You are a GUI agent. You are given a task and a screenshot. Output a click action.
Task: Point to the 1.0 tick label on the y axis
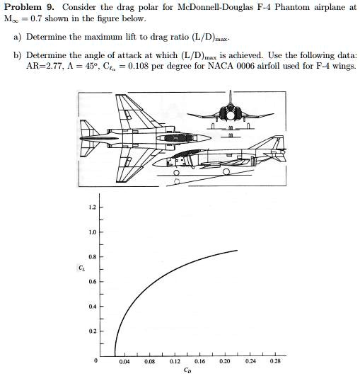coord(91,232)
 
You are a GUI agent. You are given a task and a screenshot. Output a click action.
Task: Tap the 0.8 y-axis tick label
coord(91,256)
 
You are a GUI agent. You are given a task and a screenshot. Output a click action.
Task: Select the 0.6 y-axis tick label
coord(91,281)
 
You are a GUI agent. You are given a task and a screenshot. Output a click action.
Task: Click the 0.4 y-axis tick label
coord(91,307)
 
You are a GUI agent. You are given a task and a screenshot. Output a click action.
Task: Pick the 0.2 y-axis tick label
coord(91,331)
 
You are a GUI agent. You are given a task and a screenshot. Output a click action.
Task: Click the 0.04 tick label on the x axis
coord(124,360)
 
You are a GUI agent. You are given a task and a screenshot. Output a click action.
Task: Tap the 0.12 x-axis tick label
coord(175,360)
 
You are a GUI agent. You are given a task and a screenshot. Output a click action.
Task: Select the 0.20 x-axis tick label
coord(225,360)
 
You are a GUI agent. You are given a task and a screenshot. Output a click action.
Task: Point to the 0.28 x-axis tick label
coord(274,360)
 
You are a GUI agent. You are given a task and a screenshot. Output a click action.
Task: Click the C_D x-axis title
coord(187,370)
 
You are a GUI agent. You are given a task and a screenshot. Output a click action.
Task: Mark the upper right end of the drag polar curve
coord(237,250)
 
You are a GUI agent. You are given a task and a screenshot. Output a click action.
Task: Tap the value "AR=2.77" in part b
coord(42,66)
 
